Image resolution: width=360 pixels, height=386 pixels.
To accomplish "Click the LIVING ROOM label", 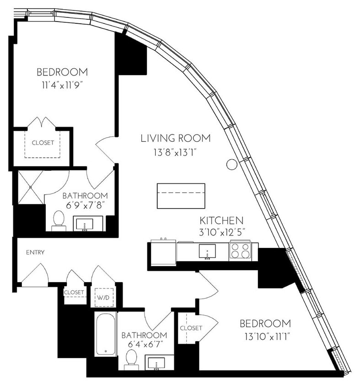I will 176,138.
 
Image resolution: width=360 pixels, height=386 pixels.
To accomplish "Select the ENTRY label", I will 35,252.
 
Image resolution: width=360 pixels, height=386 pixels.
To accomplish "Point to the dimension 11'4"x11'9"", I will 62,84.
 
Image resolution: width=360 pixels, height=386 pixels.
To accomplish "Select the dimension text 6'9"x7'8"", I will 85,206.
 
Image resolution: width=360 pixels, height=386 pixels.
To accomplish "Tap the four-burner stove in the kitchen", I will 240,251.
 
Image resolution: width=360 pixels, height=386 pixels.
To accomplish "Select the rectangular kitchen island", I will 181,195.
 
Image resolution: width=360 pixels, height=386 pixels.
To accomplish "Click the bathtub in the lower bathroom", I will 106,334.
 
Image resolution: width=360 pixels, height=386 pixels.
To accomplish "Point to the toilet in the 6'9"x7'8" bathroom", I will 59,219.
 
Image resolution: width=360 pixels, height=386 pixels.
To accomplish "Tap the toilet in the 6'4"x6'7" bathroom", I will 131,357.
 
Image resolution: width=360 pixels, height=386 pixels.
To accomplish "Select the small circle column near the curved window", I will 232,164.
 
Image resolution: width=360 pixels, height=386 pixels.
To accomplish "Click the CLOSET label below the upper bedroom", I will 43,143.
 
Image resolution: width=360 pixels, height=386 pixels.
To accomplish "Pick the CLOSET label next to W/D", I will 74,292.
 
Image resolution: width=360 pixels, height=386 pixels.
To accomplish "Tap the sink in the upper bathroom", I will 84,224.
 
